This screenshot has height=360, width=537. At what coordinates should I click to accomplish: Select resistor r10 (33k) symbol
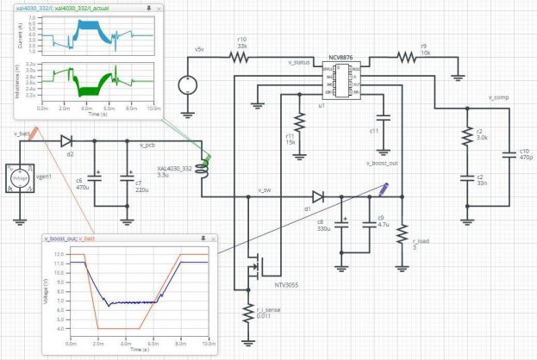tap(239, 57)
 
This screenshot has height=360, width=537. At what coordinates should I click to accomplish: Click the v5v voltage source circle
tap(186, 86)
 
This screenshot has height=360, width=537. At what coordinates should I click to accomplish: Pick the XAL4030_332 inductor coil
tap(205, 170)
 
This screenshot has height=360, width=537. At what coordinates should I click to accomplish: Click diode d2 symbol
tap(66, 140)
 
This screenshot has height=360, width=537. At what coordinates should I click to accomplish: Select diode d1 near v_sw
tap(318, 196)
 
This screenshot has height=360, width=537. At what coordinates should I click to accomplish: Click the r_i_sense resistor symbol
tap(243, 315)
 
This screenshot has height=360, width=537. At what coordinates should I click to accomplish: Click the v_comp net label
tap(498, 98)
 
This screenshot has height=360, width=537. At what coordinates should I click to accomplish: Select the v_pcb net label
tap(147, 146)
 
